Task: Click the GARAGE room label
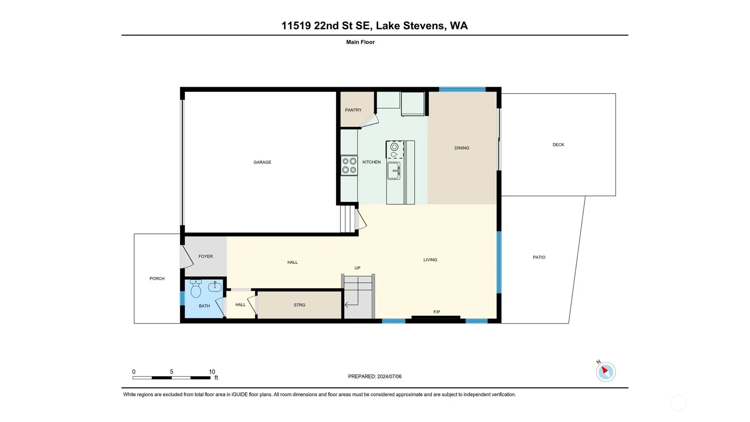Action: click(262, 162)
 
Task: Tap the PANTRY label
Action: click(353, 110)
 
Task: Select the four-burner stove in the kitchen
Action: click(349, 165)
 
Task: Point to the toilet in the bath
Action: click(196, 288)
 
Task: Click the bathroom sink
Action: click(215, 287)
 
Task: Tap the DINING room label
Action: click(462, 148)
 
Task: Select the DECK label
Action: click(558, 145)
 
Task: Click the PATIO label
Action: click(539, 257)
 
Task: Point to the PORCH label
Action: click(157, 278)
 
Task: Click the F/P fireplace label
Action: click(437, 312)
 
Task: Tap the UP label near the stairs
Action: click(357, 268)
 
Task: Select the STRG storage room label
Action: click(299, 305)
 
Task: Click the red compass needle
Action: click(605, 370)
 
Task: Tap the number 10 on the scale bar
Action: click(212, 372)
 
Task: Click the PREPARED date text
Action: click(375, 376)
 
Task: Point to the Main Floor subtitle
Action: click(360, 42)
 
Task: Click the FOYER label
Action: click(205, 257)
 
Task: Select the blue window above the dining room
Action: click(462, 89)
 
